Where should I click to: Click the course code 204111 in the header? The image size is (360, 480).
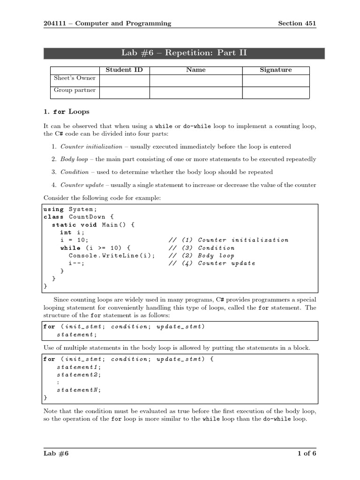click(54, 23)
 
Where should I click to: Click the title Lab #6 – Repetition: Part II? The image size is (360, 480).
click(184, 53)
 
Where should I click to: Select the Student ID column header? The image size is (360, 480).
click(124, 70)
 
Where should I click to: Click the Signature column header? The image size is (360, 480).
click(276, 70)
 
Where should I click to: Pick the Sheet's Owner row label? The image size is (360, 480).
click(75, 78)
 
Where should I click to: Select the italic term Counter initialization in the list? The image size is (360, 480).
click(91, 146)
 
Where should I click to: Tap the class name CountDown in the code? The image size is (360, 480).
click(87, 217)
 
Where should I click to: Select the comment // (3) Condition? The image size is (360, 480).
click(202, 248)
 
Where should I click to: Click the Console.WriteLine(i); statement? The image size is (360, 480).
click(112, 255)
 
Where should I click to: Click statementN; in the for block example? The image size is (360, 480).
click(79, 390)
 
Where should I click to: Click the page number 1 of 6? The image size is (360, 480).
click(307, 453)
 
